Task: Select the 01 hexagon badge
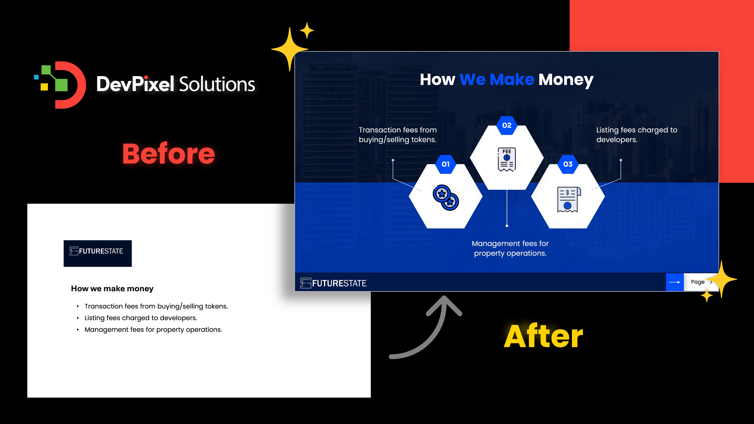[445, 164]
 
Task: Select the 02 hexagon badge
[507, 125]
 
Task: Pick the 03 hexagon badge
[568, 164]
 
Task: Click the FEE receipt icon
[507, 159]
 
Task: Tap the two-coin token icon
[445, 197]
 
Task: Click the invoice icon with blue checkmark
[569, 199]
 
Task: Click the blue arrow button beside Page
[675, 282]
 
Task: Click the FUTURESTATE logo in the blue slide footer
[333, 283]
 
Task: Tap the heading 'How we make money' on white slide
[112, 289]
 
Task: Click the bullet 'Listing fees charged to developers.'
[141, 318]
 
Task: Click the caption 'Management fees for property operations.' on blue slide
[510, 248]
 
